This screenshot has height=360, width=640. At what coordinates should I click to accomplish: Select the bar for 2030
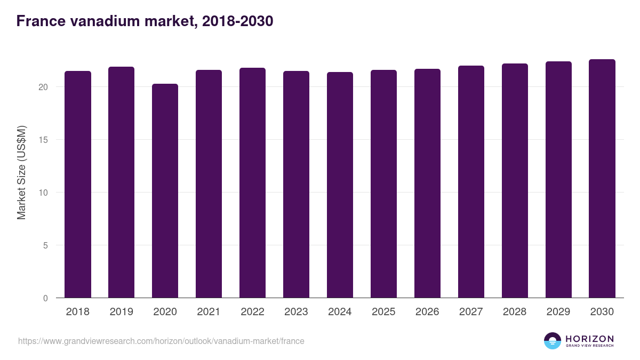click(x=602, y=179)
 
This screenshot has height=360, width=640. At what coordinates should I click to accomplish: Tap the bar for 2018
click(x=78, y=185)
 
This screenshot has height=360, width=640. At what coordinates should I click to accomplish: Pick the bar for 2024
click(x=340, y=185)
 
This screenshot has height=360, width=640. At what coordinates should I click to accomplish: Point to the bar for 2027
click(x=471, y=182)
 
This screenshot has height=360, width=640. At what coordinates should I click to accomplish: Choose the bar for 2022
click(x=252, y=183)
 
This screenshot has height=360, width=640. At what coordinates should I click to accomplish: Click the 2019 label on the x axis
click(x=122, y=312)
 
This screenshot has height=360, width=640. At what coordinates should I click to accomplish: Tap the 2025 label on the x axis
click(x=383, y=312)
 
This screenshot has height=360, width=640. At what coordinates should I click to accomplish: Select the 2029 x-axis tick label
click(x=558, y=312)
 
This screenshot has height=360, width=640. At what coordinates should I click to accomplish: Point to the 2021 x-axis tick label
click(x=209, y=312)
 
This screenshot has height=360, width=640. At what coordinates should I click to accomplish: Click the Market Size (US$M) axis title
click(x=21, y=172)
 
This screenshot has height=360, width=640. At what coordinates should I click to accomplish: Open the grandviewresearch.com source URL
click(x=161, y=341)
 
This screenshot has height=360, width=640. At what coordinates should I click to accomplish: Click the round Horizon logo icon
click(x=553, y=341)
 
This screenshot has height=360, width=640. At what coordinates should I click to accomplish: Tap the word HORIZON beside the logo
click(x=589, y=339)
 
